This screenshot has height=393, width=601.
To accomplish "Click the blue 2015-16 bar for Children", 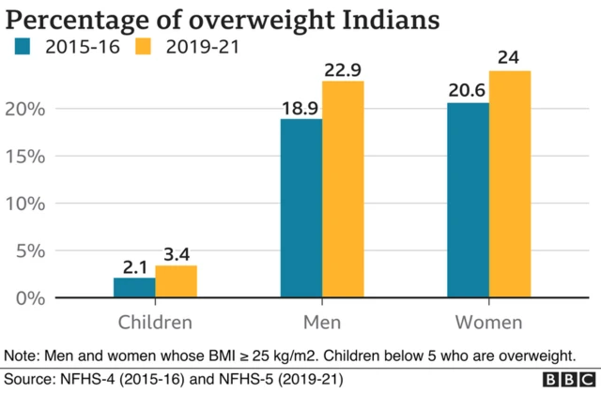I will click(134, 287).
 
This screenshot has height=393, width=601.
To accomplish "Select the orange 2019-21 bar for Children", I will click(176, 281).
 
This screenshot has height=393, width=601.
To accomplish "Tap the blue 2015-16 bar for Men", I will click(301, 208).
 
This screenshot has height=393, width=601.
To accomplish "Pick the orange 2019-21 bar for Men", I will click(343, 189).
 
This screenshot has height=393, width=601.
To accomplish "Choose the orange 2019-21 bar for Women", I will click(509, 184).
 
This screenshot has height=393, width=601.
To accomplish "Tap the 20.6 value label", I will click(468, 90).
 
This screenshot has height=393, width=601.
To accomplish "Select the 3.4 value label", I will click(177, 253).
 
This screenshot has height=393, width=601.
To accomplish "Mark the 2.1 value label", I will click(133, 265).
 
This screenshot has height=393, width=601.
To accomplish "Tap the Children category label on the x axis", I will click(155, 323).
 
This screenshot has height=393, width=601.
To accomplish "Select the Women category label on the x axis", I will click(488, 323).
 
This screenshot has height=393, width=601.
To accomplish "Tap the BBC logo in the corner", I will click(567, 379).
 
